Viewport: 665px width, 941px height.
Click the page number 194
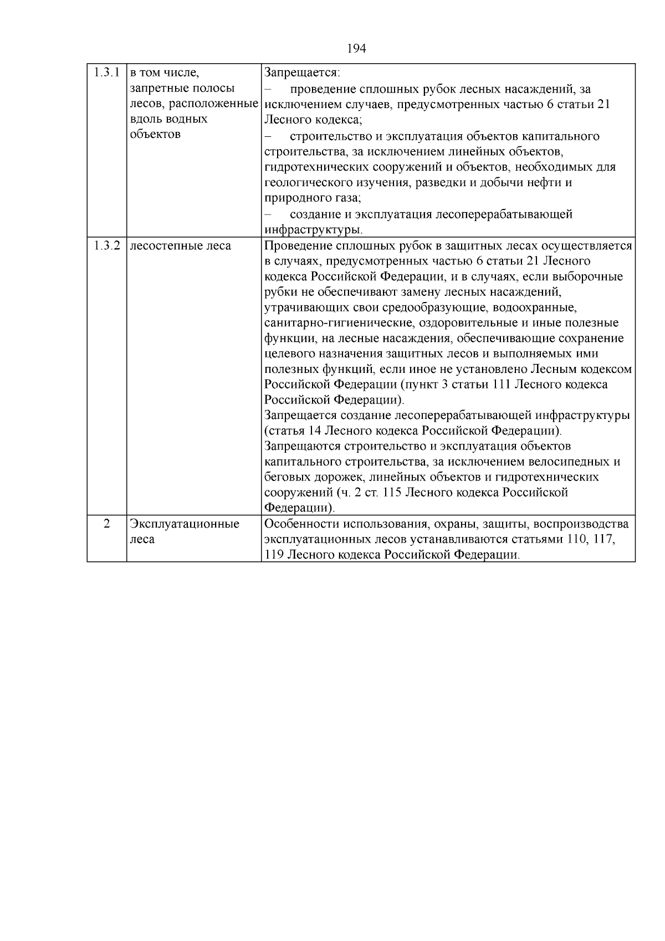(x=356, y=49)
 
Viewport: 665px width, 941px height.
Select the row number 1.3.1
(x=106, y=73)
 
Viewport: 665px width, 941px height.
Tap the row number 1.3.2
(x=106, y=246)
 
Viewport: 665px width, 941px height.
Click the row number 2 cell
(x=106, y=524)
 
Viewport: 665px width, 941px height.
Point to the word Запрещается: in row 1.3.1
(x=302, y=73)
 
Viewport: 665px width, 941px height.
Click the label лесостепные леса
(x=180, y=246)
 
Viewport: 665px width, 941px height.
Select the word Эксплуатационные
(x=184, y=524)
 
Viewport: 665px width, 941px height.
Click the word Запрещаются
(x=303, y=446)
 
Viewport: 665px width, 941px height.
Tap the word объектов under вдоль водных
(x=155, y=135)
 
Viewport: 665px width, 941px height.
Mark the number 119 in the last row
(x=274, y=555)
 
